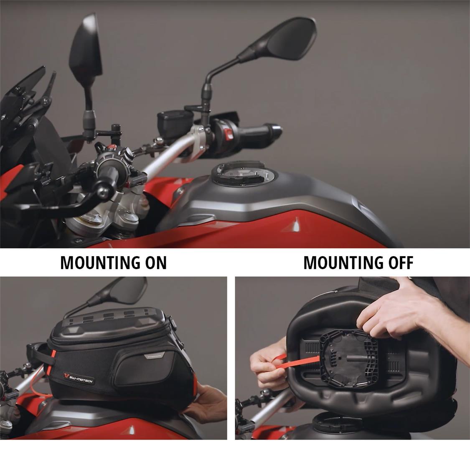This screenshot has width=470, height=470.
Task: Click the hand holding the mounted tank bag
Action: coord(211,403)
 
